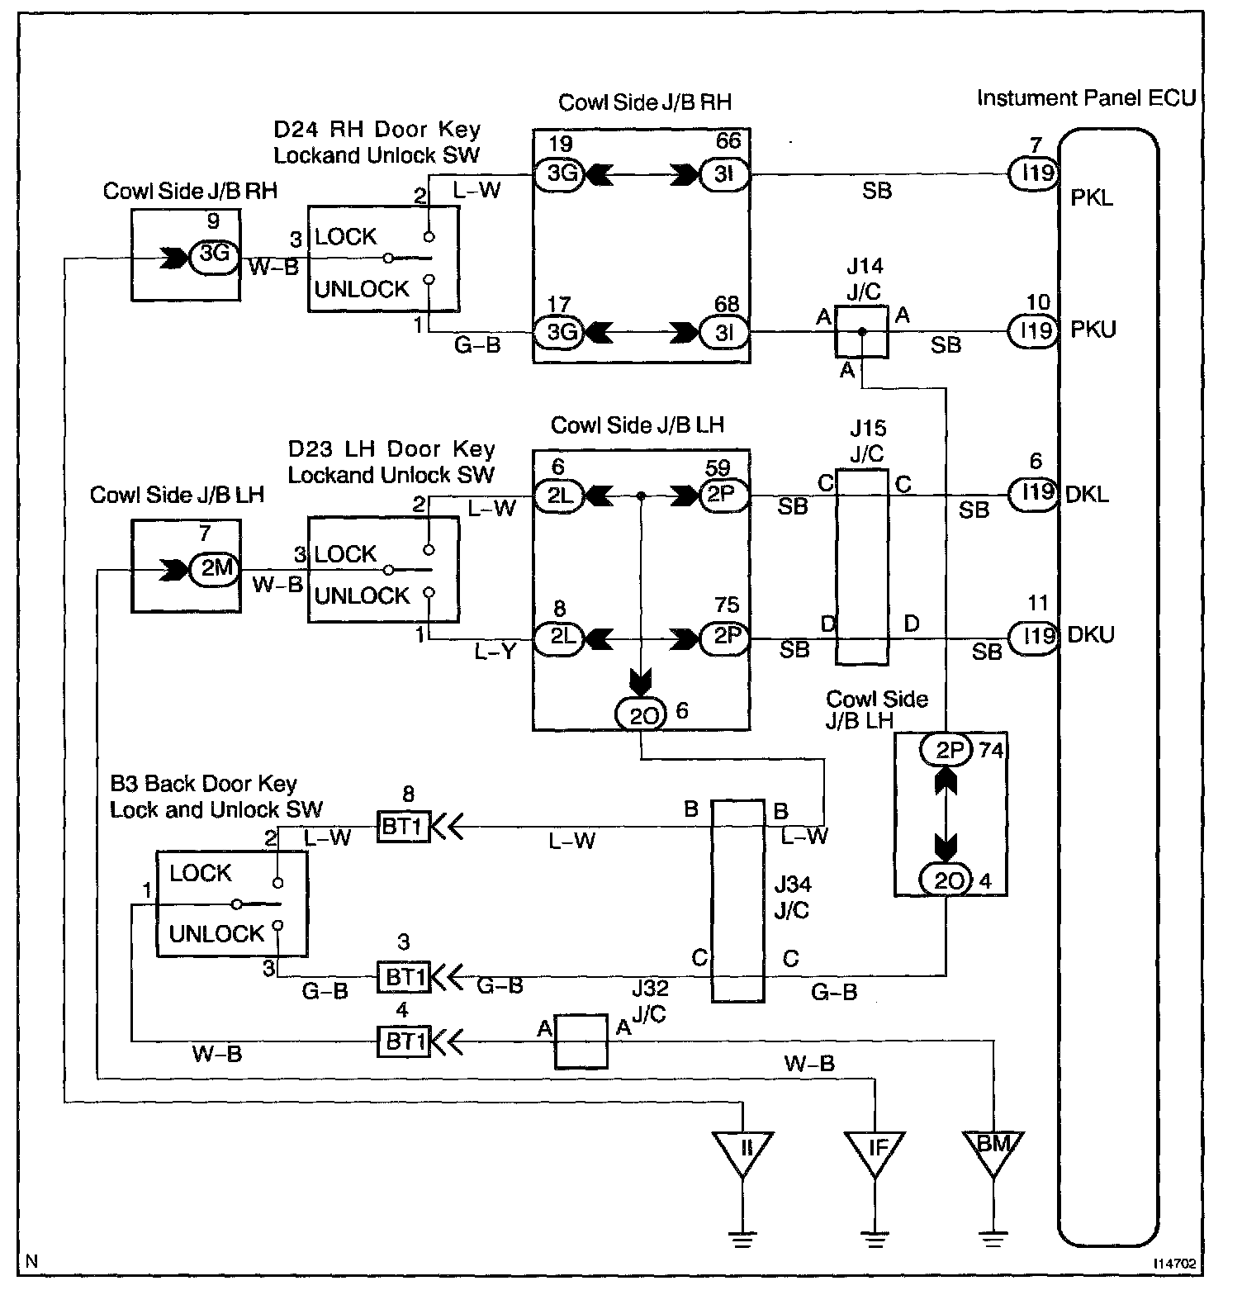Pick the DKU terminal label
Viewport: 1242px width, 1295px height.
[x=1092, y=635]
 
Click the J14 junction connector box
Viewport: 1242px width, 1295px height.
[x=861, y=332]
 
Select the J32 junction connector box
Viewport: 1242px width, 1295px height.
[x=581, y=1041]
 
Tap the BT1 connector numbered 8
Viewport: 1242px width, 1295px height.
[x=404, y=826]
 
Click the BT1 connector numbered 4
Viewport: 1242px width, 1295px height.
[x=404, y=1041]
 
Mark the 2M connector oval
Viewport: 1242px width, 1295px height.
[x=215, y=567]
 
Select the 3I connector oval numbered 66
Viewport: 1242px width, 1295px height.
[x=724, y=174]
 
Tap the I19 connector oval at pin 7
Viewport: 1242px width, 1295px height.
[x=1033, y=174]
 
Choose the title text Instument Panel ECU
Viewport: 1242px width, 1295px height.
[x=1087, y=97]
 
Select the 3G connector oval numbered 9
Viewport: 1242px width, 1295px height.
[x=215, y=254]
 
